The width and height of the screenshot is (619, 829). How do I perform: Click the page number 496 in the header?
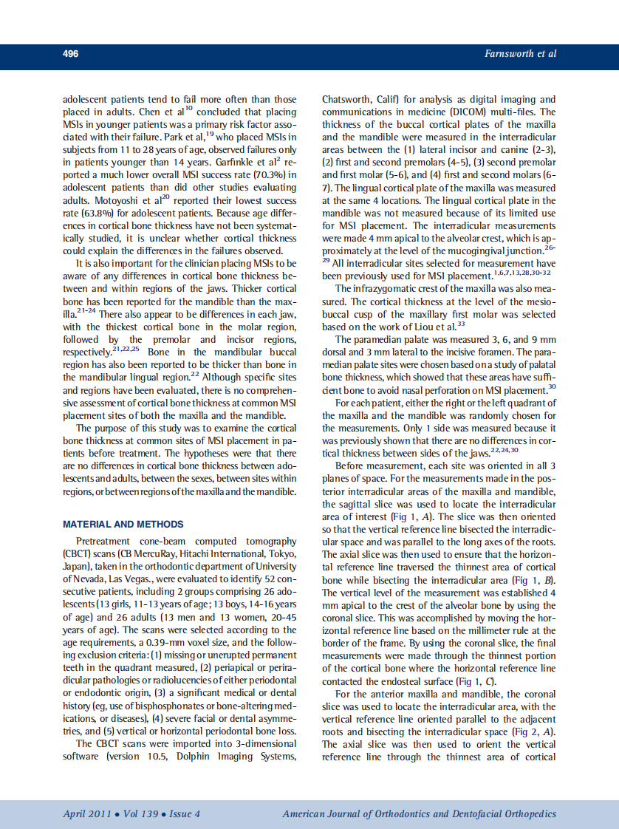[x=71, y=54]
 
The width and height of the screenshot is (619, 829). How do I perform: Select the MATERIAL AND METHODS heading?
[x=123, y=524]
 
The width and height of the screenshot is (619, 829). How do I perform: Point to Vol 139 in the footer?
[x=140, y=813]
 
